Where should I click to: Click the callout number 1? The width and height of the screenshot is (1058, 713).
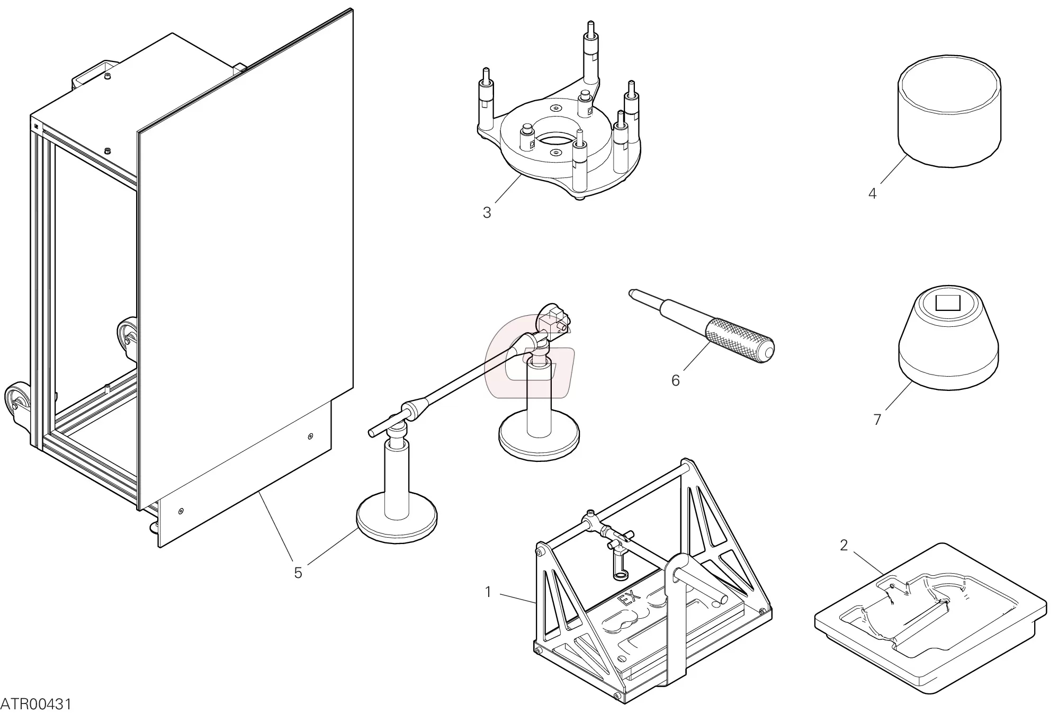(488, 592)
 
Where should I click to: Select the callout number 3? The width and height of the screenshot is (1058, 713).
(487, 212)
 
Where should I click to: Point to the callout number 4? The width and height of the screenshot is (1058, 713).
(872, 193)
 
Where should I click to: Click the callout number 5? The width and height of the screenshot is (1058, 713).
(298, 573)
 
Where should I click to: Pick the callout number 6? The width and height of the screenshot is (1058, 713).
(675, 380)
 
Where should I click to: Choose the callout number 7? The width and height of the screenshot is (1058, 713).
(877, 420)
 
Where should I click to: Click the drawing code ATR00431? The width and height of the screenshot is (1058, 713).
(36, 704)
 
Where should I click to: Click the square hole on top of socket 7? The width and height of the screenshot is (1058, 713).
(947, 304)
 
